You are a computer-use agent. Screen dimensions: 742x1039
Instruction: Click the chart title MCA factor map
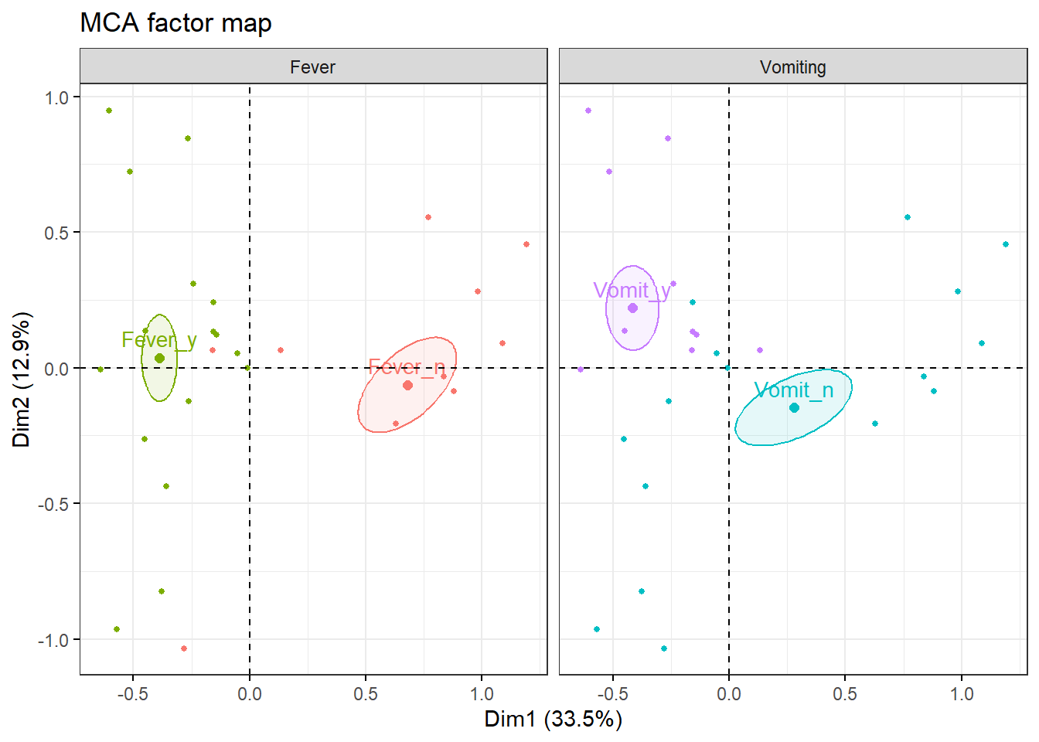(175, 23)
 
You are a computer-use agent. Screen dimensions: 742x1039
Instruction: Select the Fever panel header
(313, 67)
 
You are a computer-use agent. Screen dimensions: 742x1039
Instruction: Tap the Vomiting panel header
(792, 67)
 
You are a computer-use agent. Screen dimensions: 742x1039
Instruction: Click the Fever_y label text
(159, 340)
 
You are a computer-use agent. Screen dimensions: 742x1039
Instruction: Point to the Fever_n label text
(407, 366)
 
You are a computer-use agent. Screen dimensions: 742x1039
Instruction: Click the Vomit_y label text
(632, 291)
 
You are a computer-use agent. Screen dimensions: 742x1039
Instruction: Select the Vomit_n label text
(794, 390)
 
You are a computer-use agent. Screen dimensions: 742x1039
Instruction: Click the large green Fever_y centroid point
(159, 358)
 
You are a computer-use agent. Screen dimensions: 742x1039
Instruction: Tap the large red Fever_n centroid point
(407, 385)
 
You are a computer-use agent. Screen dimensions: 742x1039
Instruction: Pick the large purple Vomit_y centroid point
(632, 308)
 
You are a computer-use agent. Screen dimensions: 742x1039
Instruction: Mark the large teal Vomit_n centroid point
(794, 407)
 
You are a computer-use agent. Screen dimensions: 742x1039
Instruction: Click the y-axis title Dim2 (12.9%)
(22, 379)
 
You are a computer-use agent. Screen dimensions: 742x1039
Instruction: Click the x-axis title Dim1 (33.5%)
(553, 719)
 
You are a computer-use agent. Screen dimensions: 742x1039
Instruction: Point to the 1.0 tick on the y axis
(56, 97)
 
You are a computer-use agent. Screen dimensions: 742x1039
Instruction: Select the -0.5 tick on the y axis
(53, 504)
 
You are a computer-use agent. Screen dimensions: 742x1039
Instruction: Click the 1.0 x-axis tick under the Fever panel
(482, 693)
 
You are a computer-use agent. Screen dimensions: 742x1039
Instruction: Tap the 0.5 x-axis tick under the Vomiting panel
(845, 693)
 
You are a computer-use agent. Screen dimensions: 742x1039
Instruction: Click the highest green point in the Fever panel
(109, 111)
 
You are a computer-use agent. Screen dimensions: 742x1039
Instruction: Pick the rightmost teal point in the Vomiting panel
(1006, 244)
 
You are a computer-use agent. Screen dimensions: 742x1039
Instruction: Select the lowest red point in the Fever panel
(184, 648)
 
